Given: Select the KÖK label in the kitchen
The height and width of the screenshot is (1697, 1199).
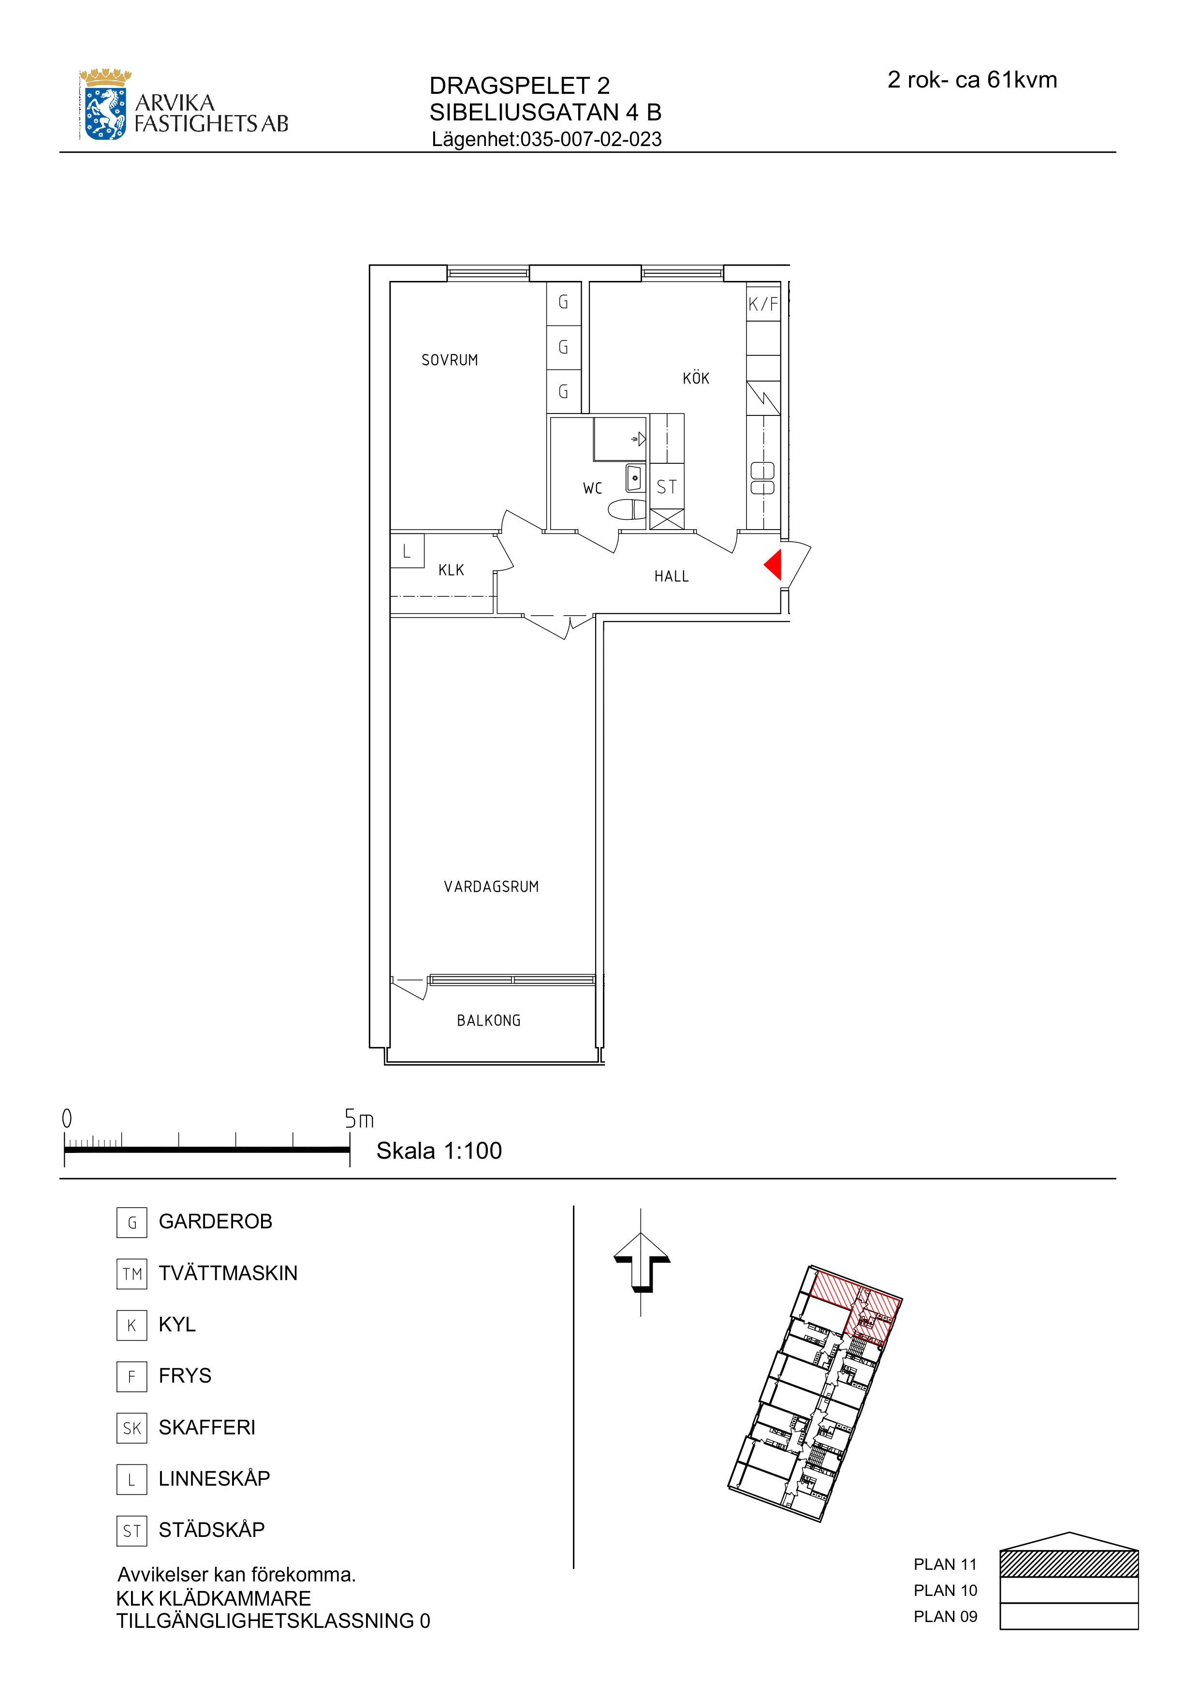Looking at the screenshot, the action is click(x=696, y=378).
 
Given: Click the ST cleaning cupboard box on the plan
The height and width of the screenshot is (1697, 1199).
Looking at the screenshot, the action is click(x=666, y=487).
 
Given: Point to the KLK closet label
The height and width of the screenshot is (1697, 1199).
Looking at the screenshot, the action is click(x=452, y=570).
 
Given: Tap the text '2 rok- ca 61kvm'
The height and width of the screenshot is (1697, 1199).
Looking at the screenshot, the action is click(x=972, y=80).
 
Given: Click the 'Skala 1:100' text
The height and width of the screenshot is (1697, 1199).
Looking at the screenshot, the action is click(x=439, y=1151).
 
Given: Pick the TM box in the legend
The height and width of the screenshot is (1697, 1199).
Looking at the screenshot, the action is click(x=132, y=1273).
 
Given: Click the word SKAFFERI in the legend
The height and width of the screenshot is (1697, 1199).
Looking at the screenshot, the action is click(x=207, y=1427).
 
